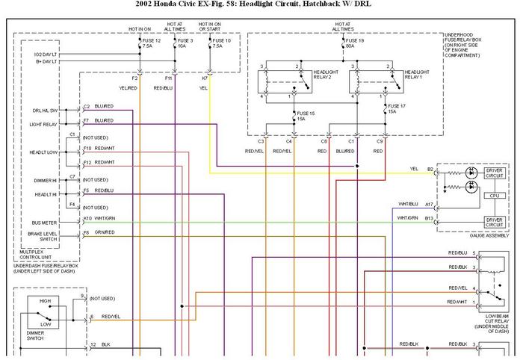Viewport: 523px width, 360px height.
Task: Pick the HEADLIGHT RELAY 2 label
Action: tap(327, 75)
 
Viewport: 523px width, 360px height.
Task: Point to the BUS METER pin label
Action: tap(44, 223)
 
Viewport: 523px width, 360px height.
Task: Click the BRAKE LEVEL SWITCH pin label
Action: tap(44, 237)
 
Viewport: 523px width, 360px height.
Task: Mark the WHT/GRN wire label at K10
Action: tap(105, 218)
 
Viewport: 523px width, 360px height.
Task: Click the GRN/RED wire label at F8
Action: tap(105, 232)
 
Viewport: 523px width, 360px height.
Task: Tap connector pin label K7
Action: tap(205, 78)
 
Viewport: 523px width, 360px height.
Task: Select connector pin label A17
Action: tap(430, 204)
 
